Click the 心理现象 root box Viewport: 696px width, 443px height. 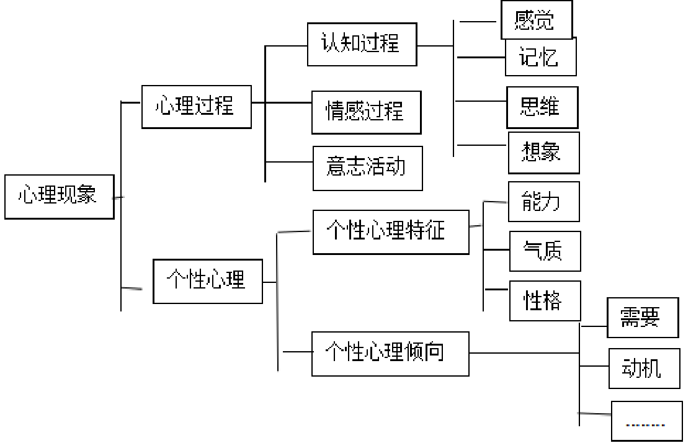[x=59, y=197]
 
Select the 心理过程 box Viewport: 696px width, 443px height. [x=196, y=107]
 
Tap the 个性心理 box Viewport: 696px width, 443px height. [x=207, y=281]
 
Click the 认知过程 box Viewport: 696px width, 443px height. [x=362, y=44]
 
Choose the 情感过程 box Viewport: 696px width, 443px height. [x=366, y=112]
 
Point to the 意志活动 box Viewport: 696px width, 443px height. [x=367, y=168]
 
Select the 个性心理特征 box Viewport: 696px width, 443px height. [x=390, y=232]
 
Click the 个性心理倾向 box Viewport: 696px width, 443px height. [x=390, y=354]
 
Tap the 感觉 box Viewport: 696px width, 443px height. [x=535, y=20]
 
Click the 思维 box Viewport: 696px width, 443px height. [x=542, y=107]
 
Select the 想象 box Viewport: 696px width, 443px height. [x=543, y=153]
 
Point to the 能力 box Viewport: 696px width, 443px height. [x=543, y=202]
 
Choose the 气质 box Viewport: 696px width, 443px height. [x=545, y=251]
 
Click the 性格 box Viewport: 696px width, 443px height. [x=545, y=301]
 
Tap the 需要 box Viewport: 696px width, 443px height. [x=642, y=318]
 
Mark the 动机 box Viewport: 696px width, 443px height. [x=644, y=369]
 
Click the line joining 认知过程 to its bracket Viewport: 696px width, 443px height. [x=435, y=45]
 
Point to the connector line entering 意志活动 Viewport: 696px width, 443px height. [x=289, y=163]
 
